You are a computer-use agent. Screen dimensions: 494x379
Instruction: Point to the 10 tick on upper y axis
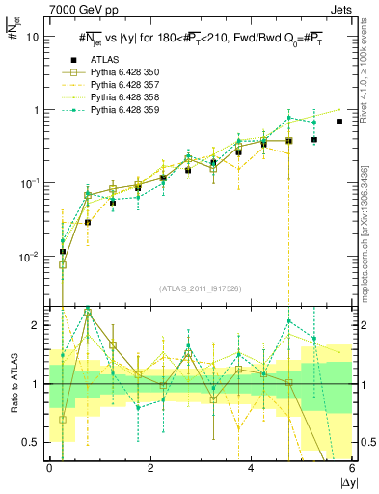click(x=33, y=37)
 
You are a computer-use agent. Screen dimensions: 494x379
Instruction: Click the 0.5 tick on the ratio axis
click(x=31, y=443)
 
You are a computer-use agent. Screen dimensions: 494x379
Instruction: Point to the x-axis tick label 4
click(x=252, y=469)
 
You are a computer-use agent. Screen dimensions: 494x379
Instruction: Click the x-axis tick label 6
click(x=352, y=469)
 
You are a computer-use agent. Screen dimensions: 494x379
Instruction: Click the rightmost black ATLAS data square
click(x=339, y=122)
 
